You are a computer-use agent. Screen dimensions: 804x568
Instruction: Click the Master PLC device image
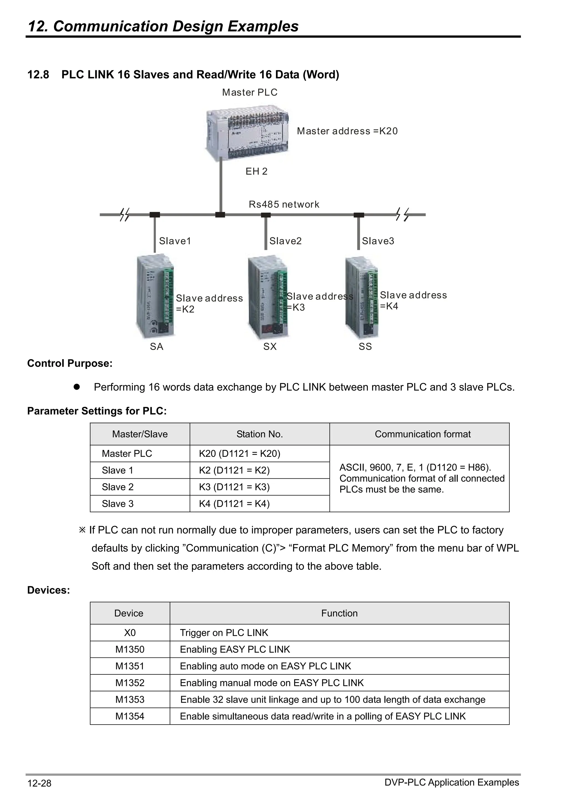(x=247, y=133)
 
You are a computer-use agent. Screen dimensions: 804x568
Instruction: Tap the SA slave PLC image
(x=155, y=296)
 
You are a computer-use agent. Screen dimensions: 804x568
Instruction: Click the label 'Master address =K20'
(x=347, y=131)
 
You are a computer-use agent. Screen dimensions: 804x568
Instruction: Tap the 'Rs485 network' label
(x=284, y=205)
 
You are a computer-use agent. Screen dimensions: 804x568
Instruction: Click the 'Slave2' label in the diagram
(x=285, y=241)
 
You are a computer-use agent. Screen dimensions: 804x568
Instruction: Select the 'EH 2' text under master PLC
(x=256, y=171)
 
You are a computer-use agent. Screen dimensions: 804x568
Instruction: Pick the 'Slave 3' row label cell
(x=118, y=503)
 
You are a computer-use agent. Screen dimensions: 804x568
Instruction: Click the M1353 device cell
(x=130, y=699)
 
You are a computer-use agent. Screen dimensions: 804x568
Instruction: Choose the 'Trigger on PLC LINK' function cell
(x=224, y=632)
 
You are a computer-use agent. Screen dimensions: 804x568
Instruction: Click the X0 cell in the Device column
(x=130, y=632)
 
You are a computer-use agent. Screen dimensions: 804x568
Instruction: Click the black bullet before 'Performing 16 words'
(x=77, y=387)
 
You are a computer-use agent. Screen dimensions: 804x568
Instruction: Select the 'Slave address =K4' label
(x=413, y=301)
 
